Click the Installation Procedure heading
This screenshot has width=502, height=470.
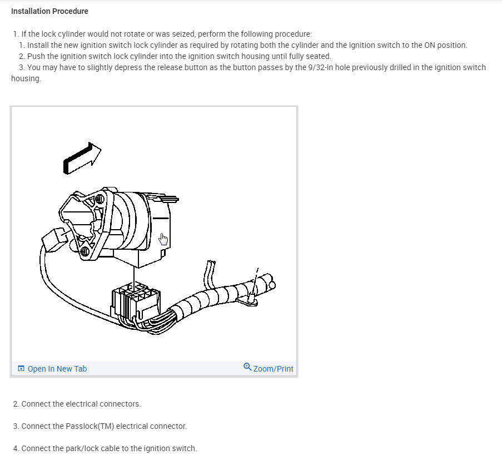coord(49,11)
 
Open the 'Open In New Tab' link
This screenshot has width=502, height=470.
coord(57,369)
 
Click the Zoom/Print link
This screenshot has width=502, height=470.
coord(273,369)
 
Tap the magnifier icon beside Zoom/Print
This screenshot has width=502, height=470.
coord(247,367)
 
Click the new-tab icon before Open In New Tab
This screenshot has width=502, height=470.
coord(21,368)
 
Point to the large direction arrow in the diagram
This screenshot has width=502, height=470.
coord(82,158)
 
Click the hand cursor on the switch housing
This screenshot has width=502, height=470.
coord(163,239)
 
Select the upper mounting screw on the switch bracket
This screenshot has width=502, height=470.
coord(100,199)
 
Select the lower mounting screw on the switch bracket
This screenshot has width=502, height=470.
coord(85,251)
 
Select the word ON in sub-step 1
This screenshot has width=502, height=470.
coord(430,45)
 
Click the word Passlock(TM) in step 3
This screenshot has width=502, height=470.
coord(90,426)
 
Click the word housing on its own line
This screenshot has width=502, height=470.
coord(26,79)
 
